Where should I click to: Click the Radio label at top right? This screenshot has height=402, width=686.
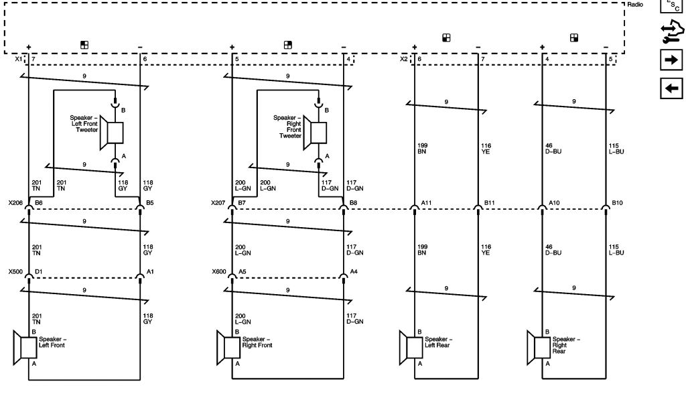pos(635,5)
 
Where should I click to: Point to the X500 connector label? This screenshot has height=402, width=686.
pos(15,272)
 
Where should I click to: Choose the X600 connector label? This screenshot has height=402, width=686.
pos(218,272)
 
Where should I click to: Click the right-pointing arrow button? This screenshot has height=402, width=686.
pos(671,60)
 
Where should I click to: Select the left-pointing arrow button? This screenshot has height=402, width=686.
pos(671,88)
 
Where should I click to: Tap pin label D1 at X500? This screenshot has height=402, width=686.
pos(39,272)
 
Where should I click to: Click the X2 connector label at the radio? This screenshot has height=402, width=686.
pos(403,60)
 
